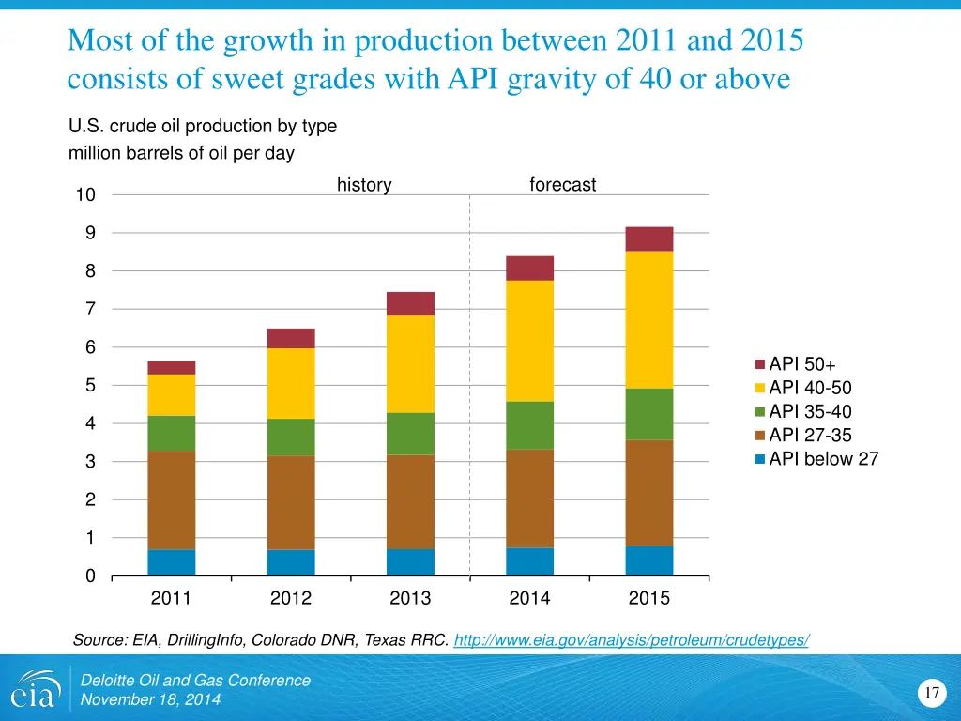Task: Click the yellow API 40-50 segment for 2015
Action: click(649, 319)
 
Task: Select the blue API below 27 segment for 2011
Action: click(171, 562)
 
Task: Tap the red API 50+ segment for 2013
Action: click(410, 303)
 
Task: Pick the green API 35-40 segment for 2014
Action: click(529, 425)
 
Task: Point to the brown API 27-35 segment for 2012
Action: click(291, 502)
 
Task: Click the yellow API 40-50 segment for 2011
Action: click(171, 394)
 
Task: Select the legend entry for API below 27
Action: click(816, 459)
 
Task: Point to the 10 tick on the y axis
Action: click(86, 195)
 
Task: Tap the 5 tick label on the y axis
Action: click(90, 386)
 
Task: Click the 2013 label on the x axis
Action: click(410, 599)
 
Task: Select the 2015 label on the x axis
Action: click(649, 599)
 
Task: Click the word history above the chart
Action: click(364, 185)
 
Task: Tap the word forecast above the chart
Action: click(563, 185)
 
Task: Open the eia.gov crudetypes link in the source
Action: click(631, 640)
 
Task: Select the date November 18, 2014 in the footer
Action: click(151, 699)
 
